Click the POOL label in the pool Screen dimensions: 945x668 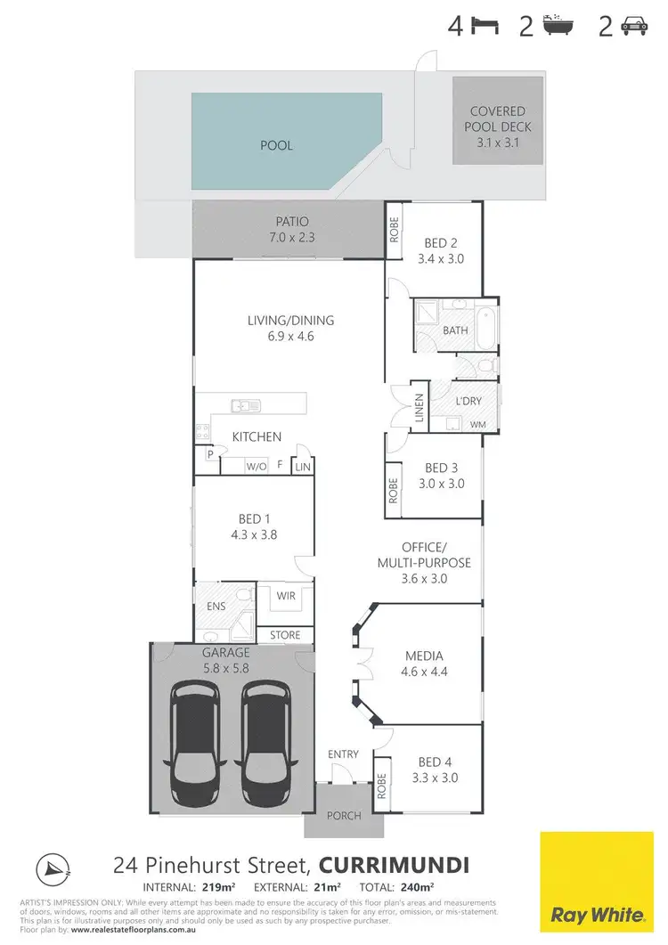pos(278,145)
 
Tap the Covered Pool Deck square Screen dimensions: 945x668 pos(498,120)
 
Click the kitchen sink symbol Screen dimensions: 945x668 pos(244,406)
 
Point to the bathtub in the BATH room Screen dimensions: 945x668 pos(485,329)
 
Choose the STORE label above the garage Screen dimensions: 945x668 pos(286,635)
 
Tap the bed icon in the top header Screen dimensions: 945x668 pos(484,28)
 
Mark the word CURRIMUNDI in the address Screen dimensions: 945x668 pos(394,865)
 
